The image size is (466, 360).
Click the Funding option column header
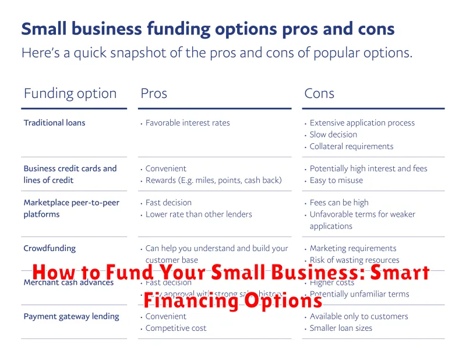[70, 93]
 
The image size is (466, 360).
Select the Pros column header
[154, 93]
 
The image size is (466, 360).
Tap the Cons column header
[319, 93]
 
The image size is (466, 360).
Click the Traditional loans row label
[54, 123]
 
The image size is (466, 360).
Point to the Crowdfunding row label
[50, 249]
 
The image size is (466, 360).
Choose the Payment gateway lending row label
[71, 316]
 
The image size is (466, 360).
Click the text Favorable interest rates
[188, 123]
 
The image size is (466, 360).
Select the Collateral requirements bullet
[351, 146]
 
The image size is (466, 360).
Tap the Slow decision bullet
[333, 135]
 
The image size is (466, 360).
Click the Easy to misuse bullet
[336, 180]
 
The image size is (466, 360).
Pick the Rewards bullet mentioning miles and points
[213, 180]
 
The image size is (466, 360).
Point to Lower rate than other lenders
[199, 214]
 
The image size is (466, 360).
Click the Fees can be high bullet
[339, 202]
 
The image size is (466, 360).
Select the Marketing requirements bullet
[353, 249]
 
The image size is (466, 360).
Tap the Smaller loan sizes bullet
[341, 328]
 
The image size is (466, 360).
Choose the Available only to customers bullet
[359, 316]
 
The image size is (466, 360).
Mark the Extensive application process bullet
[362, 123]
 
